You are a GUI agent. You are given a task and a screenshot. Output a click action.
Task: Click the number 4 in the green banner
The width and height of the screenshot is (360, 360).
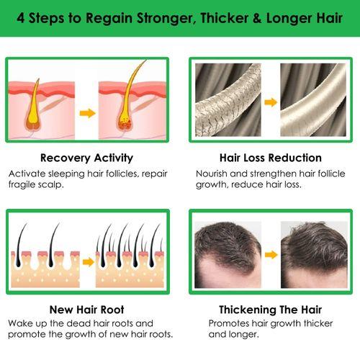[x=21, y=18]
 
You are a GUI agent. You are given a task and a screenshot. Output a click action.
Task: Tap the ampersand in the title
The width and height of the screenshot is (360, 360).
[x=257, y=19]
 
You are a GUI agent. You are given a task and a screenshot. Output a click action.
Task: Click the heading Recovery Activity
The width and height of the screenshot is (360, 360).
[x=86, y=158]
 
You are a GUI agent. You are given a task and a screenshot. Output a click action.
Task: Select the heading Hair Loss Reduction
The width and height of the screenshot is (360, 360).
[x=271, y=158]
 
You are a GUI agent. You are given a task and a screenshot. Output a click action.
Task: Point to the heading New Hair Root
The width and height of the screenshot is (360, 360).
[x=86, y=310]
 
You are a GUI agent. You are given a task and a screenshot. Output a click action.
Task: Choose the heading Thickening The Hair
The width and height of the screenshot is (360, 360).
[x=270, y=310]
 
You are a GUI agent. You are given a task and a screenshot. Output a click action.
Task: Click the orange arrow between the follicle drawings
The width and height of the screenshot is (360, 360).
[x=88, y=113]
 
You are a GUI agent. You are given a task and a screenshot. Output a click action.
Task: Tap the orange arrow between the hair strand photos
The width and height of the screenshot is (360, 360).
[x=271, y=102]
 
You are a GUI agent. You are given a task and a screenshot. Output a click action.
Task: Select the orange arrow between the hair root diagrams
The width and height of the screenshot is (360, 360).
[x=89, y=262]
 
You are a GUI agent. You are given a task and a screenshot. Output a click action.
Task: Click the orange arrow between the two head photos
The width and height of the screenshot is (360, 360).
[x=271, y=254]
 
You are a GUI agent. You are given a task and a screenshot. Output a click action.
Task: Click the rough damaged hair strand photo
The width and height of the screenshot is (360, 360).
[x=228, y=100]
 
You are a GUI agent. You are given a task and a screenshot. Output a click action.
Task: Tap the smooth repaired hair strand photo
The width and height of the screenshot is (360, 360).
[x=313, y=100]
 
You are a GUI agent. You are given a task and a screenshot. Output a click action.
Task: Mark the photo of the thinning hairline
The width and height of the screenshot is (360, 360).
[x=228, y=255]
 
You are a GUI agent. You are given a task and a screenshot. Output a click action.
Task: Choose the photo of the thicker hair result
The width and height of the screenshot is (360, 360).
[x=314, y=255]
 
